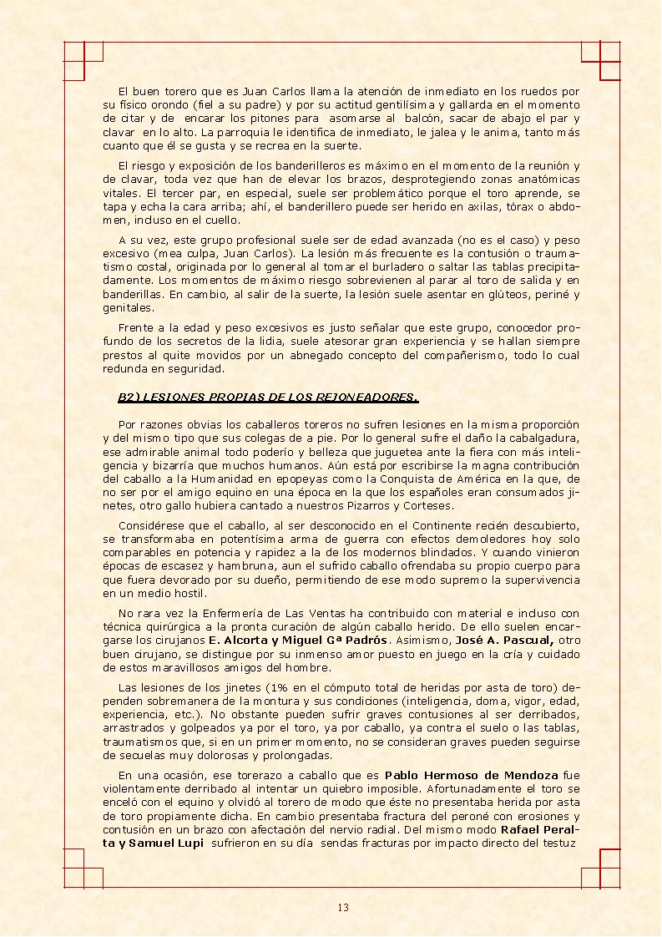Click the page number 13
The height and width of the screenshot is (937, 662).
point(343,908)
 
